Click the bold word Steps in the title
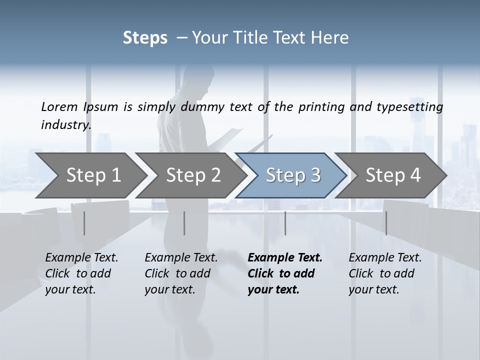(145, 38)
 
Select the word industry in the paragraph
(65, 124)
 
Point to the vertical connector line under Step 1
(84, 223)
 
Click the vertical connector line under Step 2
(184, 223)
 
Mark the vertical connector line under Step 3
(285, 223)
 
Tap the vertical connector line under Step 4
(386, 223)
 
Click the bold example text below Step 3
(285, 273)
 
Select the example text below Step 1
(81, 273)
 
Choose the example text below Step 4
(385, 273)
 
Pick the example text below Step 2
(181, 273)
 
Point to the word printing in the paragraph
(317, 106)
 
